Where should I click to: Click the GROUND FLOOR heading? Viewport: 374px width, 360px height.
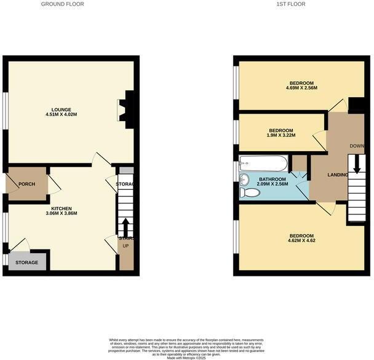tap(62, 4)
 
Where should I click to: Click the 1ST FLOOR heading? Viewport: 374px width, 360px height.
tap(291, 4)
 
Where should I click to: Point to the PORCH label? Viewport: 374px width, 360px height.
tap(26, 184)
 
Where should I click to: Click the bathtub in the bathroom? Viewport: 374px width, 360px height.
tap(263, 163)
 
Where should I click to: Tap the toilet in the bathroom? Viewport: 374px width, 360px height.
tap(250, 193)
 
